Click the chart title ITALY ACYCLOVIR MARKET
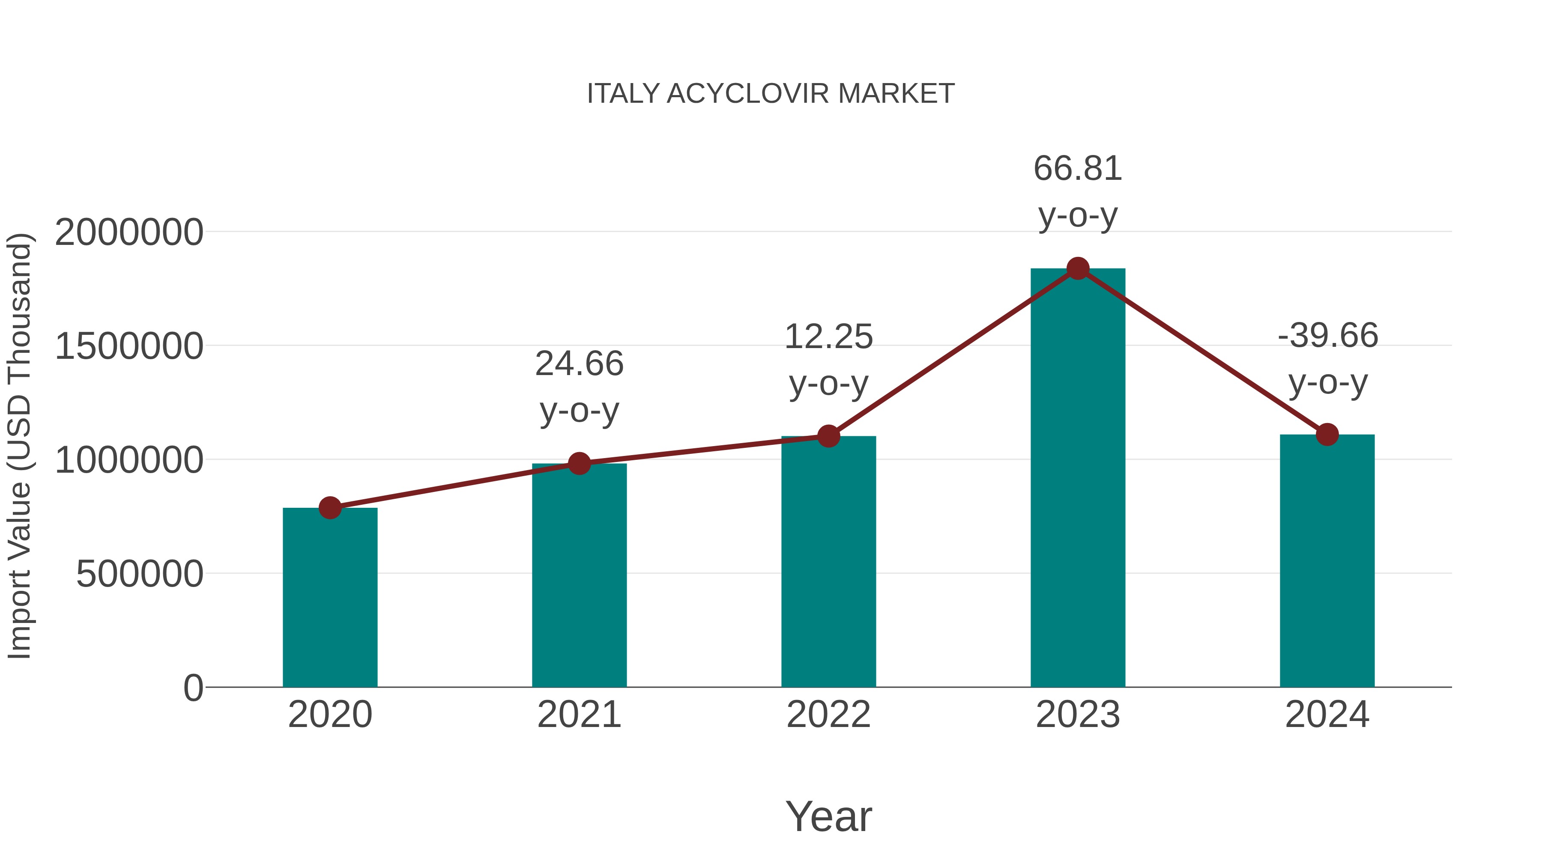coord(771,94)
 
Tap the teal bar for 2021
coord(579,575)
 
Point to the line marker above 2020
coord(330,508)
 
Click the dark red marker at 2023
coord(1078,268)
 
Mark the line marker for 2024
coord(1327,435)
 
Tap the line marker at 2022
coord(828,436)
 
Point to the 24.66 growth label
coord(579,387)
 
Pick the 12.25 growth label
coord(828,360)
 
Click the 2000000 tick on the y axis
coord(128,232)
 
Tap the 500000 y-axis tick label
coord(140,575)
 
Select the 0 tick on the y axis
coord(193,688)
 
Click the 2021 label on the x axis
coord(579,715)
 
